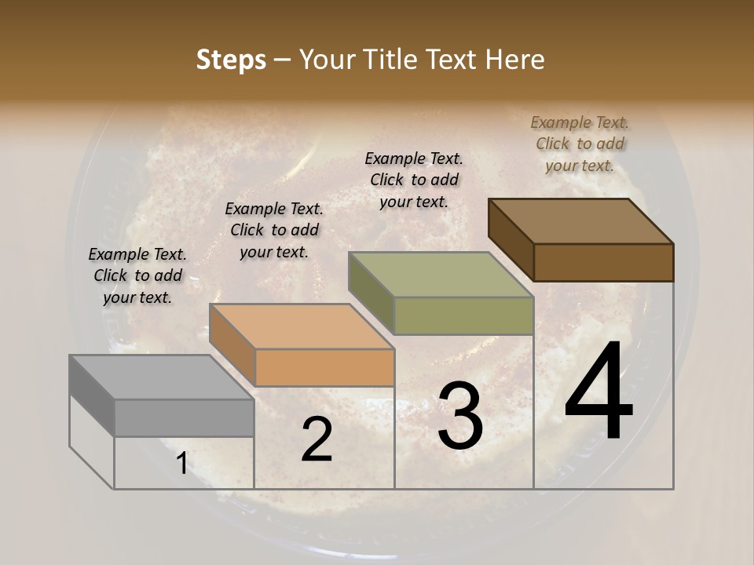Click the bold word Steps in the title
pos(231,60)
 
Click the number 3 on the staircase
pos(460,416)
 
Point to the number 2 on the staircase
pos(317,439)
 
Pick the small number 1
pos(181,464)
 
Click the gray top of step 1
pos(161,377)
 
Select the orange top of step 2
pos(301,326)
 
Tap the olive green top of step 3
pos(441,275)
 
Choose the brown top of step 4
pos(580,221)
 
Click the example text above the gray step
pos(137,275)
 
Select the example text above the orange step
pos(274,230)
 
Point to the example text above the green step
pos(414,180)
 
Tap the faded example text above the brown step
pos(580,144)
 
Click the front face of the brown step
pos(603,262)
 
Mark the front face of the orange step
pos(324,367)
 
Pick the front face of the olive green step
pos(463,315)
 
